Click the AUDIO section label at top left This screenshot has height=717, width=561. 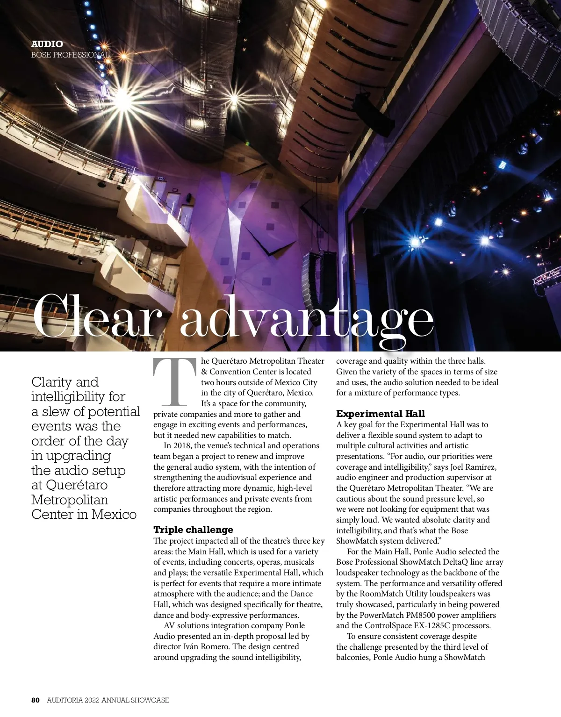(47, 44)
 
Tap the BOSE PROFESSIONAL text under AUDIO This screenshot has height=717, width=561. (70, 55)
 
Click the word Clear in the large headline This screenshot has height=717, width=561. (93, 317)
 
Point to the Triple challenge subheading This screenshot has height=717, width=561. (193, 530)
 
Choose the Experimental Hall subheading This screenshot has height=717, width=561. (380, 414)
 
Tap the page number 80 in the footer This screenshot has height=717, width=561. (36, 700)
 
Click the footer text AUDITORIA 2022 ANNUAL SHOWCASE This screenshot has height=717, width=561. (108, 700)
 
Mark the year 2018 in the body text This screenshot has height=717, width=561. (181, 445)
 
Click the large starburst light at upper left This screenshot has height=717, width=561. (122, 97)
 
